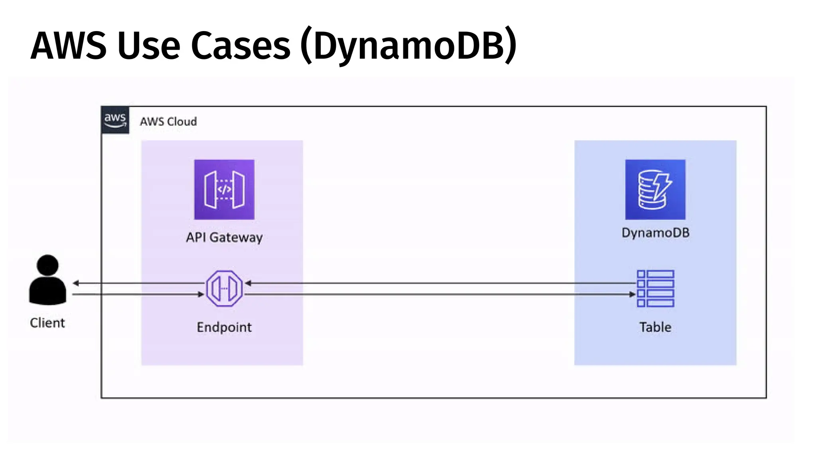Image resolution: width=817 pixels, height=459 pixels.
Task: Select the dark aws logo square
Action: [115, 120]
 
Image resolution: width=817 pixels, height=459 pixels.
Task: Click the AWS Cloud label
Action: [168, 122]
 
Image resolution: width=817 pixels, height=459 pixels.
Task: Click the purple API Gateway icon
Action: [224, 189]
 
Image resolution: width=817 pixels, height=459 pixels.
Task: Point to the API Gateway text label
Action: [224, 237]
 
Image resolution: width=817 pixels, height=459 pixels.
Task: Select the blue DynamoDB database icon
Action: [655, 189]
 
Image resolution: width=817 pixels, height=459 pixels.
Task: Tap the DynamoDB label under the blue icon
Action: [655, 233]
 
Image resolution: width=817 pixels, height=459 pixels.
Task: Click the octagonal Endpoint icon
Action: [224, 288]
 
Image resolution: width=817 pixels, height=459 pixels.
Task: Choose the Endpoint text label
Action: [224, 327]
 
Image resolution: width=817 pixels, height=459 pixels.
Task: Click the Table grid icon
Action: [655, 288]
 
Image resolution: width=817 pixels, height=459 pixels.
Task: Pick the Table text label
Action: [655, 327]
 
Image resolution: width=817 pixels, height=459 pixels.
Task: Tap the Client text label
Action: [47, 323]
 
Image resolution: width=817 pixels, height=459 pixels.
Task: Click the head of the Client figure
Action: [47, 265]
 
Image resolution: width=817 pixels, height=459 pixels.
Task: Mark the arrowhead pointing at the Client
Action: [76, 283]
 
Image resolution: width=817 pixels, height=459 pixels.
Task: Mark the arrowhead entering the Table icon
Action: [632, 294]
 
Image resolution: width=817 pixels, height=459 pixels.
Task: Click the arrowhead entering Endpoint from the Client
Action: [201, 294]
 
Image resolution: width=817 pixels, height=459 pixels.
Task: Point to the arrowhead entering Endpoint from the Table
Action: [248, 283]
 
